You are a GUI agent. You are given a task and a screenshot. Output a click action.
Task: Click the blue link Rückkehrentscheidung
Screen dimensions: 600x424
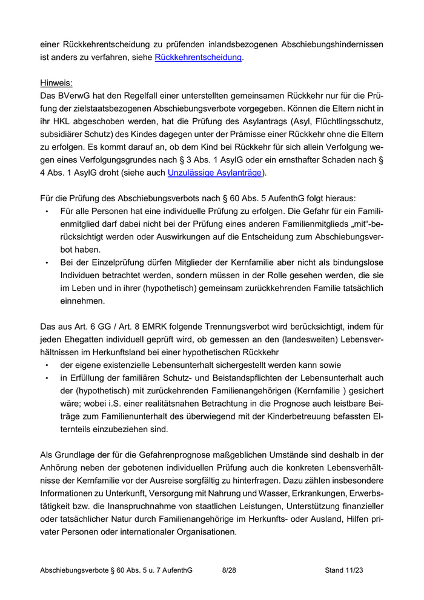click(x=199, y=58)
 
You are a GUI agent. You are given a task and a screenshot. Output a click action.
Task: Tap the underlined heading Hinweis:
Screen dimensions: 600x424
click(x=56, y=82)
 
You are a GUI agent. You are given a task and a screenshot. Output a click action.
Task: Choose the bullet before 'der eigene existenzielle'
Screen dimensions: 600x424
click(x=47, y=365)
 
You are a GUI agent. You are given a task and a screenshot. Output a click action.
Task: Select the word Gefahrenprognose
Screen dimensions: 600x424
click(x=173, y=455)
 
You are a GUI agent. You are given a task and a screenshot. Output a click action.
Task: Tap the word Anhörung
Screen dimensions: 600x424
click(x=59, y=467)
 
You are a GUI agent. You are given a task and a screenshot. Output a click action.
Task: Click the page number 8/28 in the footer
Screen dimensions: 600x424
click(x=230, y=570)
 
